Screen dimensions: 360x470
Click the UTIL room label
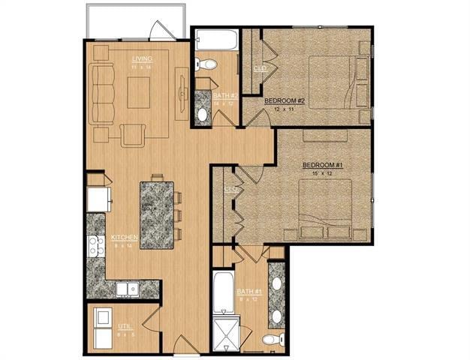(123, 328)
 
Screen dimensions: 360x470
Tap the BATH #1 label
(248, 291)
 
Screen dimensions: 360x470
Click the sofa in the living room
(102, 94)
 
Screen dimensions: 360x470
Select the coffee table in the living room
(142, 92)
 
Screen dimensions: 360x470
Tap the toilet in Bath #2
(206, 64)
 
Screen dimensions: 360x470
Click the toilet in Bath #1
(273, 340)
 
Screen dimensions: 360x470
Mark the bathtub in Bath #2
(215, 39)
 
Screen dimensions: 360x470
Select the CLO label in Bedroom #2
(260, 67)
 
